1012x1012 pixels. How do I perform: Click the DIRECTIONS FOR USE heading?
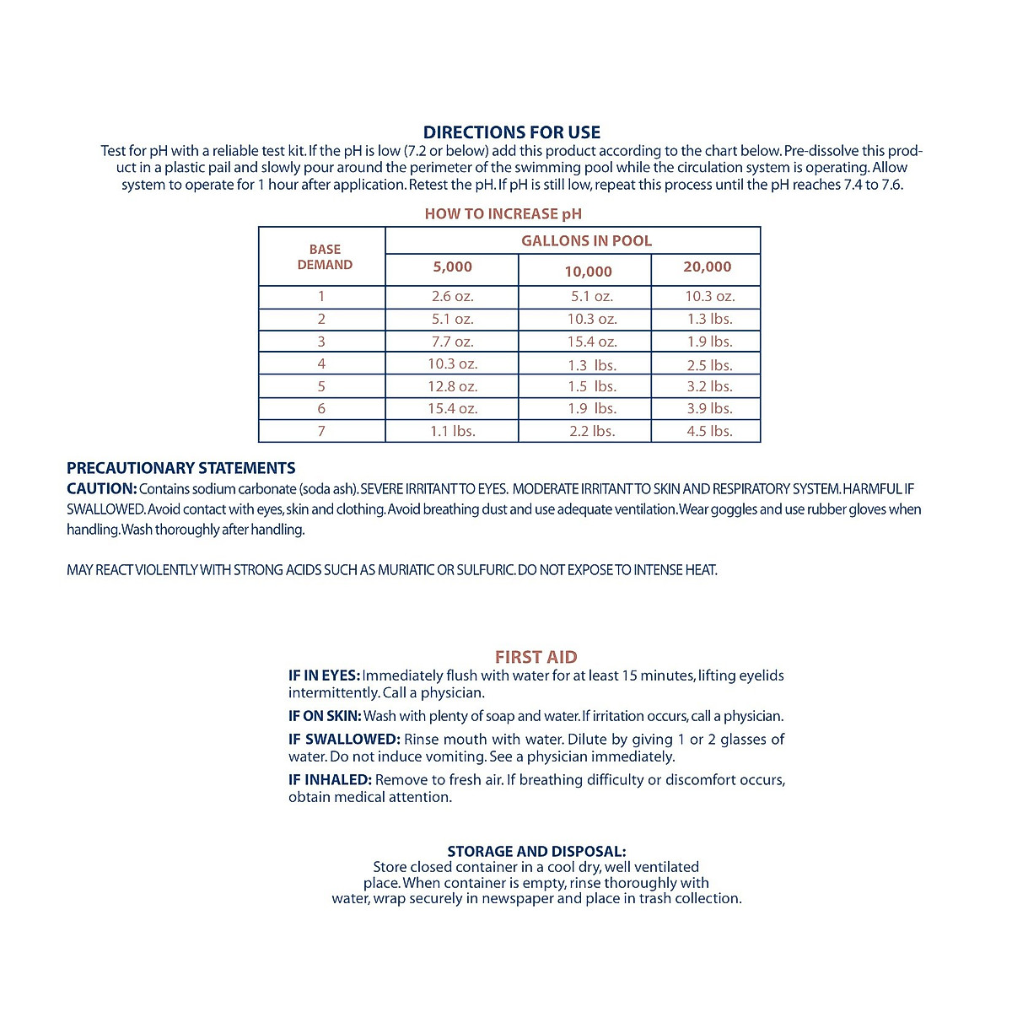click(x=511, y=132)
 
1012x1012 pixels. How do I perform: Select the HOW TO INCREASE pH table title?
click(x=503, y=214)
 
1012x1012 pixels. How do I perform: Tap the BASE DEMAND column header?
click(x=325, y=257)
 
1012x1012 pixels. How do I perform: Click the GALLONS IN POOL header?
click(x=586, y=241)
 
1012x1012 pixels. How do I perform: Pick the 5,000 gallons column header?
click(x=452, y=267)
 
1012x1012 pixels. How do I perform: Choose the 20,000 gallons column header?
click(x=707, y=267)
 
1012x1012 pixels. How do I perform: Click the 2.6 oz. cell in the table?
click(x=452, y=297)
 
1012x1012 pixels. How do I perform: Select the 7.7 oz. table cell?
click(x=452, y=342)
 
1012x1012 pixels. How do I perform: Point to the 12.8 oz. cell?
click(x=452, y=387)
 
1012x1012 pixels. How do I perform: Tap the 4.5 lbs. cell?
click(x=709, y=432)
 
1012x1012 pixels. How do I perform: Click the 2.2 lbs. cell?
click(x=591, y=432)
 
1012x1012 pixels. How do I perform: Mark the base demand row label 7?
click(x=321, y=432)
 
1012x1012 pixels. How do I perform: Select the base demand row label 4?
click(x=321, y=364)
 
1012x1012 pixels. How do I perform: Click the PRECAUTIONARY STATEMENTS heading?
click(x=181, y=469)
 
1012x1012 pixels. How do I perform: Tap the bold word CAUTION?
click(x=101, y=489)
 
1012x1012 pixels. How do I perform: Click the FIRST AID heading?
click(x=536, y=657)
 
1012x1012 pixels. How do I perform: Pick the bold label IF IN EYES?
click(x=324, y=676)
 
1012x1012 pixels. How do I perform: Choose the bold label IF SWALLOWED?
click(x=343, y=740)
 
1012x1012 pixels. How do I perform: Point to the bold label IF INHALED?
click(x=330, y=780)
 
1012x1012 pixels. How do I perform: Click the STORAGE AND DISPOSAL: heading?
click(x=536, y=852)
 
